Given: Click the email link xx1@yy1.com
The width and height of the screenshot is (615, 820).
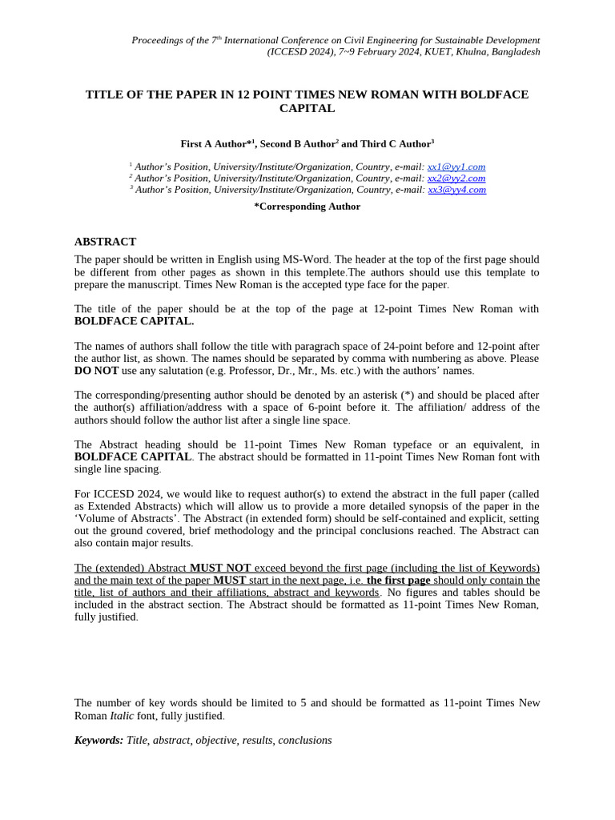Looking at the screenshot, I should [456, 167].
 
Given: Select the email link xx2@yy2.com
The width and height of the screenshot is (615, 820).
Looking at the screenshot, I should [456, 178].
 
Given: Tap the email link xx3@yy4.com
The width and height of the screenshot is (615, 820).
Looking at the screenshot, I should [456, 190].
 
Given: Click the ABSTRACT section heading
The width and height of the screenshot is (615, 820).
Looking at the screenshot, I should [105, 242].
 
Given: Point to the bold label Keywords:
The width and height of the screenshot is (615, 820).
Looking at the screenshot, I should [98, 740].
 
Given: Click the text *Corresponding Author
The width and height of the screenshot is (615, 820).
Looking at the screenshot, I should [307, 207].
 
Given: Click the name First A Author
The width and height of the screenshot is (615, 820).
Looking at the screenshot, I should [213, 144].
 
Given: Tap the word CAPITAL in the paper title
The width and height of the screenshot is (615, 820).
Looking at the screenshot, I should [307, 108].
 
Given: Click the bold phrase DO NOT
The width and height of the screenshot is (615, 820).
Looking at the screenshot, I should [96, 371].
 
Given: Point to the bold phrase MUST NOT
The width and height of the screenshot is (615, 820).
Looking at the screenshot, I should [220, 568].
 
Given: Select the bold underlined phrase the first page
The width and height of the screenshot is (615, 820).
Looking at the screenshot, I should [398, 580].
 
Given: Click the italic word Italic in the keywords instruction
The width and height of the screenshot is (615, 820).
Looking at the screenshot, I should [122, 715].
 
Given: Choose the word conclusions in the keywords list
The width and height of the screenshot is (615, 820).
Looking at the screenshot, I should [304, 740].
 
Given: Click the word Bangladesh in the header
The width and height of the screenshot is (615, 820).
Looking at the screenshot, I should [512, 52].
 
